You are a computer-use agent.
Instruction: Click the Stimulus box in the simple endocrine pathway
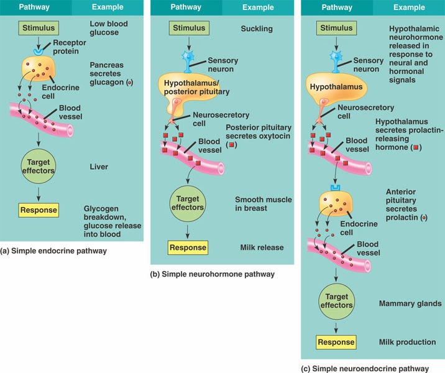point(39,29)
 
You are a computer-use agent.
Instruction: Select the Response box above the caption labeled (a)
point(39,210)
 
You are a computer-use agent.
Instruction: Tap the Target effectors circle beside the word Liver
point(39,166)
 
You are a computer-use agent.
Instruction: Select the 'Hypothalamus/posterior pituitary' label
point(194,87)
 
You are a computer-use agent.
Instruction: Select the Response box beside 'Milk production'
point(336,342)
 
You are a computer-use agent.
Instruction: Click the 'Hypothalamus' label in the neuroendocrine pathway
point(336,87)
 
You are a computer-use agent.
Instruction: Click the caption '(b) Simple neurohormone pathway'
point(212,274)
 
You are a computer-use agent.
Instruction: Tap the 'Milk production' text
point(407,343)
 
